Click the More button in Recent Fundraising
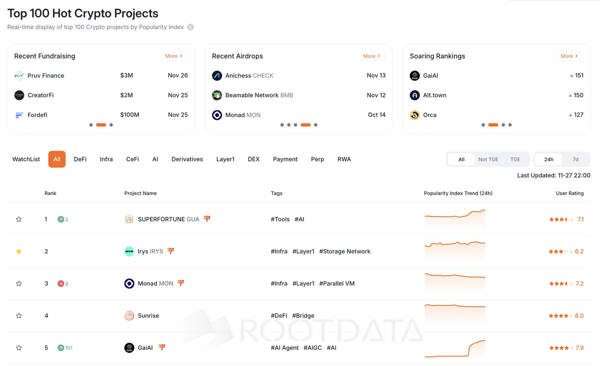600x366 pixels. coord(174,56)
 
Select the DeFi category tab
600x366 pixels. coord(80,159)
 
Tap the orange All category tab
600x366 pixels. coord(57,159)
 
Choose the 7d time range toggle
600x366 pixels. coord(575,159)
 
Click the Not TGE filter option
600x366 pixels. coord(488,159)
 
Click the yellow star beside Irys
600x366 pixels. coord(19,251)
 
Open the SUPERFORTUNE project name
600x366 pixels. coord(161,219)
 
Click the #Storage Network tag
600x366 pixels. coord(344,251)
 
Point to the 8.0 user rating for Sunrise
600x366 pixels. coord(579,315)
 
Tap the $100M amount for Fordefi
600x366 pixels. coord(129,115)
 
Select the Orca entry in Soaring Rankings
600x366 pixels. coord(429,115)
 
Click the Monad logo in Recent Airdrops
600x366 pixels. coord(217,115)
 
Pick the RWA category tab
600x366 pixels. coord(344,159)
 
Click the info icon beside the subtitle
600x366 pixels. coord(190,27)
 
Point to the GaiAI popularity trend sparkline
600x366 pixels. coord(454,348)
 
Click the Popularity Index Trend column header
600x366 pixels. coord(458,193)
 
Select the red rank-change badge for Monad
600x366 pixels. coord(62,283)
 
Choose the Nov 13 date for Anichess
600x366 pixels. coord(376,75)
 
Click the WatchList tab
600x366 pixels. coord(26,159)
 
